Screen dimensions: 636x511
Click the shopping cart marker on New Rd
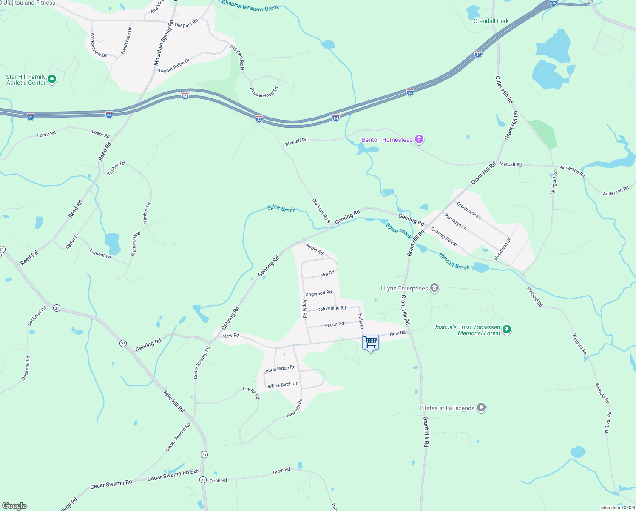(x=370, y=342)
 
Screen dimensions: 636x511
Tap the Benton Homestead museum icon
(x=420, y=139)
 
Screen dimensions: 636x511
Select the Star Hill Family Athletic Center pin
(x=52, y=79)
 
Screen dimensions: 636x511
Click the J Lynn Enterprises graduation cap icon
(x=434, y=288)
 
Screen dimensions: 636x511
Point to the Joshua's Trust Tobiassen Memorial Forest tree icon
(x=506, y=330)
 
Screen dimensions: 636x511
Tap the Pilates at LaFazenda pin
(x=481, y=408)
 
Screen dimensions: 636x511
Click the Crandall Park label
(x=491, y=21)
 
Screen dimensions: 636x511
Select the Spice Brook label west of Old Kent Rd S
(x=281, y=208)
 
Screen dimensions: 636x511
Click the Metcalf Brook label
(x=454, y=261)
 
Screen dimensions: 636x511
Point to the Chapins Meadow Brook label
(x=250, y=6)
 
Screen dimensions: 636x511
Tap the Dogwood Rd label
(x=318, y=293)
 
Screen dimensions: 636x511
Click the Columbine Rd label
(x=332, y=308)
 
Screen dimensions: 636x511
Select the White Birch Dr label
(x=282, y=385)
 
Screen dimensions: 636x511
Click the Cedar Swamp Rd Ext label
(x=173, y=475)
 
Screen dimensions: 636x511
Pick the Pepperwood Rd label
(x=264, y=92)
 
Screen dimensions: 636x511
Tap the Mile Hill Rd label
(x=174, y=402)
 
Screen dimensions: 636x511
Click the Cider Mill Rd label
(x=504, y=89)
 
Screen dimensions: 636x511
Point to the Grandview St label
(x=468, y=210)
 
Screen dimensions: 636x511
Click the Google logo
(x=14, y=506)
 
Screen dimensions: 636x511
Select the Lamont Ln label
(x=100, y=254)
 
